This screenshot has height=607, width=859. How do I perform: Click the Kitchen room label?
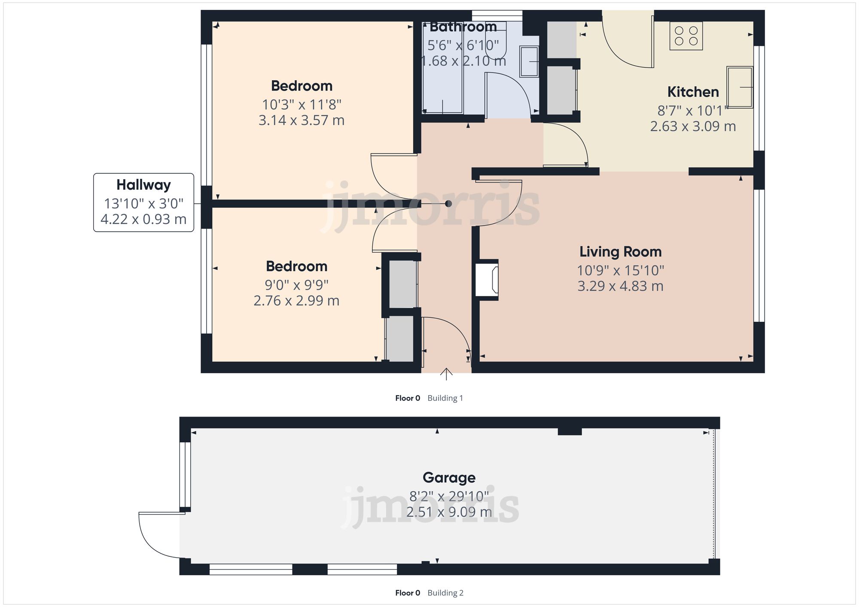(x=693, y=92)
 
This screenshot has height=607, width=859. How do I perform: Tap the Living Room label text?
(x=620, y=252)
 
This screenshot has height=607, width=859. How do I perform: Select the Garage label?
(x=449, y=477)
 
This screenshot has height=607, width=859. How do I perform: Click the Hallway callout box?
(x=143, y=202)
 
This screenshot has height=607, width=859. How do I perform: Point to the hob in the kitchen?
(x=686, y=36)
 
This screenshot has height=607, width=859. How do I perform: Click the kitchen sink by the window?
(x=740, y=87)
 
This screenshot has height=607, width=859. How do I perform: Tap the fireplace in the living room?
(x=487, y=280)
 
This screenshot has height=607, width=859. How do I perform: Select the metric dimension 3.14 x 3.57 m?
(x=302, y=121)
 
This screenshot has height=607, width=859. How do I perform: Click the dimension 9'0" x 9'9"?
(x=296, y=285)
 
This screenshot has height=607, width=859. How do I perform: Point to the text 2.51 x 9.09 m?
(x=449, y=512)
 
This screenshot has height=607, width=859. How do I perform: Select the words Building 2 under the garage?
(x=445, y=593)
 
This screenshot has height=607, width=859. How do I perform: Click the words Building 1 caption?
(x=445, y=398)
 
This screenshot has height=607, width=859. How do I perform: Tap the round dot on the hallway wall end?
(x=448, y=204)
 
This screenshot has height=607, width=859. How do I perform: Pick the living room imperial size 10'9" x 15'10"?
(x=620, y=271)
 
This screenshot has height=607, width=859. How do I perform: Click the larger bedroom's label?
(x=302, y=86)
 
